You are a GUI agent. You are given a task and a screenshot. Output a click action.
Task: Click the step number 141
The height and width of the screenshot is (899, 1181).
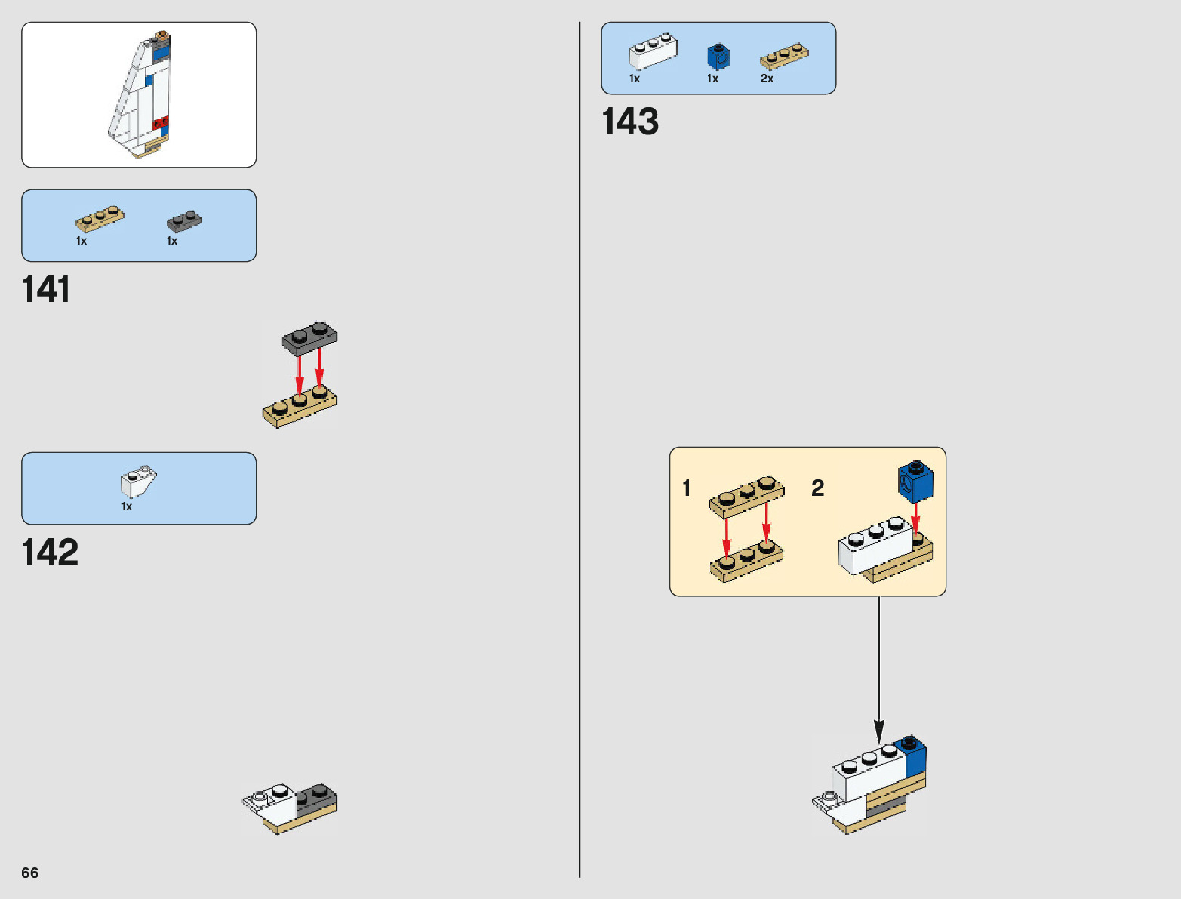tap(46, 289)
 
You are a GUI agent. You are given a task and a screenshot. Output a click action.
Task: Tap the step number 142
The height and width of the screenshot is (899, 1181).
tap(50, 553)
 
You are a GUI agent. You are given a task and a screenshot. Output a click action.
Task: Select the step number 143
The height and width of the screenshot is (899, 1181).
tap(630, 122)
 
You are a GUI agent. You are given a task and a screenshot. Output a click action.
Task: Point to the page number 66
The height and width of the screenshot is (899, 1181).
tap(30, 873)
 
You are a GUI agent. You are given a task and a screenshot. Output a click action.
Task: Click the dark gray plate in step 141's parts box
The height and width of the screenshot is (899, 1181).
tap(184, 221)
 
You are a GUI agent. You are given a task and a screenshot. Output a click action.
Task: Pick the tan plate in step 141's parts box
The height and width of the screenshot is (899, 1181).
tap(100, 218)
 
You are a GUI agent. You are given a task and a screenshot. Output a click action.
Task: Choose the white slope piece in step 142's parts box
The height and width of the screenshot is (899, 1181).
tap(139, 482)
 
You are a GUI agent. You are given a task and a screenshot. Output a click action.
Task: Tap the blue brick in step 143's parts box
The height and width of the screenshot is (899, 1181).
tap(718, 57)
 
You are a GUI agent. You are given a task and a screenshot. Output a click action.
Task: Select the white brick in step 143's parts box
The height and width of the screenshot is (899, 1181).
tap(653, 51)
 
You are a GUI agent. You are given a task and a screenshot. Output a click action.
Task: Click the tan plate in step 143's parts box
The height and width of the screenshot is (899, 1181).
tap(784, 57)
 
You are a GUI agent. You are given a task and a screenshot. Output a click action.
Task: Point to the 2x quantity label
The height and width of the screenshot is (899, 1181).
tap(767, 79)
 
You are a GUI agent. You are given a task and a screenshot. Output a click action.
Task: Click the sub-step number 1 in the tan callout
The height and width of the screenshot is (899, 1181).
tap(687, 488)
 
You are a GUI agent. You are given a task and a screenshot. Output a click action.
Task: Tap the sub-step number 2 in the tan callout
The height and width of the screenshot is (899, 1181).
tap(817, 488)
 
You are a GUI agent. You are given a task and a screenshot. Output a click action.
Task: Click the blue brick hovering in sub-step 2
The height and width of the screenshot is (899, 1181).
tap(915, 482)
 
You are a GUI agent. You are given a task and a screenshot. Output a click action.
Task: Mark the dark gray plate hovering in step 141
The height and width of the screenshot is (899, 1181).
tap(309, 337)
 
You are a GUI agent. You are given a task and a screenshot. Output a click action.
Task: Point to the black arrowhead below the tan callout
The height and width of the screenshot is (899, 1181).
tap(879, 730)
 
